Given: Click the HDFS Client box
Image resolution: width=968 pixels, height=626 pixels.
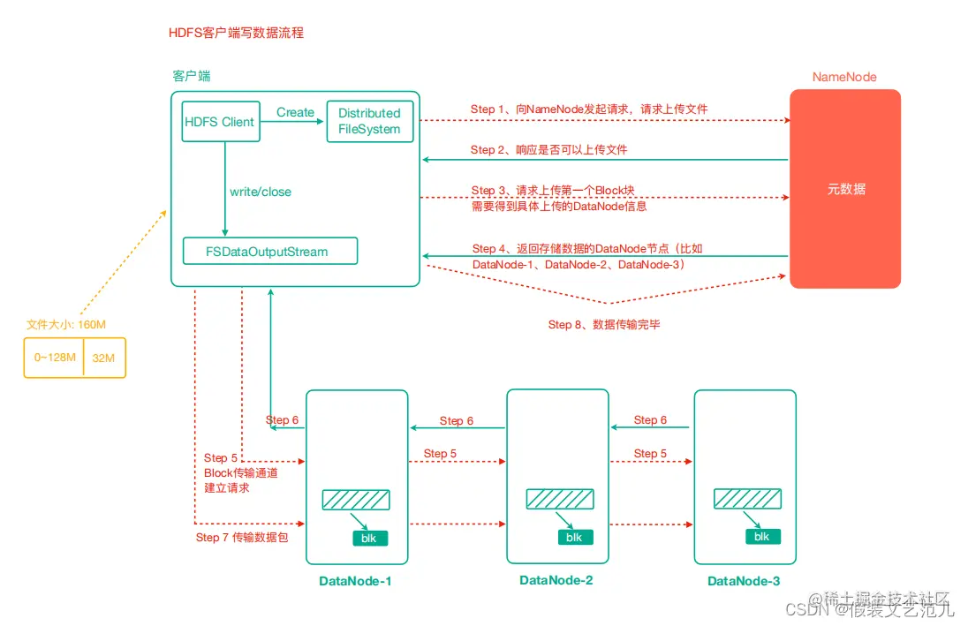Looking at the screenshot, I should coord(220,122).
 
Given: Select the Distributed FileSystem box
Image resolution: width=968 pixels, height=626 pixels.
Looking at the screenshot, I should coord(369,121).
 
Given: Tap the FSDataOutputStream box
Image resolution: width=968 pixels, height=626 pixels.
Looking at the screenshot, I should coord(269,252).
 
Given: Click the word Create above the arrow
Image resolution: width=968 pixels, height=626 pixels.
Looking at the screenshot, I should coord(295,112).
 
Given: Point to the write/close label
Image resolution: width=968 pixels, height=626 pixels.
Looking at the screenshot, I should coord(261,192).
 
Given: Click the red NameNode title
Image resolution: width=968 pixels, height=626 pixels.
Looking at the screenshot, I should coord(844,77).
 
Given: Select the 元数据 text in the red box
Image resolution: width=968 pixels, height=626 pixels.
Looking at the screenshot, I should coord(845,189).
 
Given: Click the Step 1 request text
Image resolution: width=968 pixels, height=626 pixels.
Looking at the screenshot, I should coord(589,109).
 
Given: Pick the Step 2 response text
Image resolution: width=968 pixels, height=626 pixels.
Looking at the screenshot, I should coord(549,149).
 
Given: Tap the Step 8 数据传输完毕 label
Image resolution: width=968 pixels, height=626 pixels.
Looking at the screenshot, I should coord(605,324).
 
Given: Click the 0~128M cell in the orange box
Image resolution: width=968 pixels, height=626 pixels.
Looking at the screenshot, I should coord(54,358).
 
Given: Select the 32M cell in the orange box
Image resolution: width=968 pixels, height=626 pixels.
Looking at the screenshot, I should coord(105,358).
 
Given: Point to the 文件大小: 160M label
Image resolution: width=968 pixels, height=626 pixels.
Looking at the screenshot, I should coord(67,324).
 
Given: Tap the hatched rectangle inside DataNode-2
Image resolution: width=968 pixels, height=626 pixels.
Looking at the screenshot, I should coord(560,499).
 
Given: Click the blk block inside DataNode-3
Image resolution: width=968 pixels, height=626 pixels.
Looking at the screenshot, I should coord(761,536).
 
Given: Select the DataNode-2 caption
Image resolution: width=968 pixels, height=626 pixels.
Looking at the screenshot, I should coord(556,580).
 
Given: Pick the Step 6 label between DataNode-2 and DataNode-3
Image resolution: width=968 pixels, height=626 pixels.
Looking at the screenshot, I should coord(651,419).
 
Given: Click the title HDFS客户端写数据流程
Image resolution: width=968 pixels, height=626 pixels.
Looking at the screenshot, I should coord(237,33).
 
